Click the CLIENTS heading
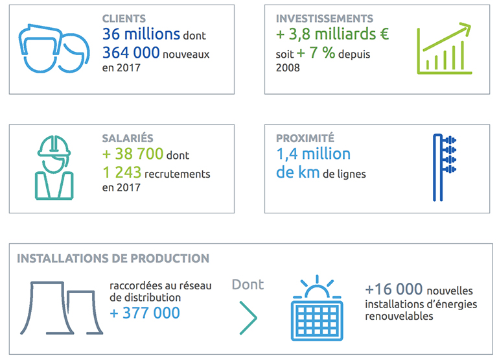(124, 19)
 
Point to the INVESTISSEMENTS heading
(325, 19)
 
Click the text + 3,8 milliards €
(332, 35)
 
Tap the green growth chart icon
(444, 47)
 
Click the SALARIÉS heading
(126, 138)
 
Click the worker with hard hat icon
(54, 167)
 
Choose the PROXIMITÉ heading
(305, 138)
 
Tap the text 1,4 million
(313, 154)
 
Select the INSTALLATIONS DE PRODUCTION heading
(113, 258)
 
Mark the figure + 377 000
(145, 313)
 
